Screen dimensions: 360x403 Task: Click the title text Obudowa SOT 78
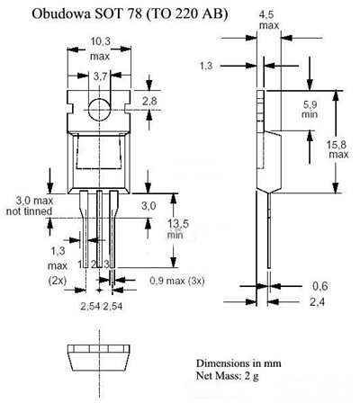87,14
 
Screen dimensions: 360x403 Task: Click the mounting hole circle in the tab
100,110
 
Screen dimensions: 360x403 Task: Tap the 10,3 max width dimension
100,49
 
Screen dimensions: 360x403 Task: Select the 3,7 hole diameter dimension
100,76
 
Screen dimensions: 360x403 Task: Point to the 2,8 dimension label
149,101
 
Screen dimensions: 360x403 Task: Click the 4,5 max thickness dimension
269,20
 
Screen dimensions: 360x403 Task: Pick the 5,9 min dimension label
310,110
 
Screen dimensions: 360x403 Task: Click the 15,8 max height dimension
337,149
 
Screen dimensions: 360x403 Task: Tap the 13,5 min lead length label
177,228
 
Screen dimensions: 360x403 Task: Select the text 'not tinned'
29,211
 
